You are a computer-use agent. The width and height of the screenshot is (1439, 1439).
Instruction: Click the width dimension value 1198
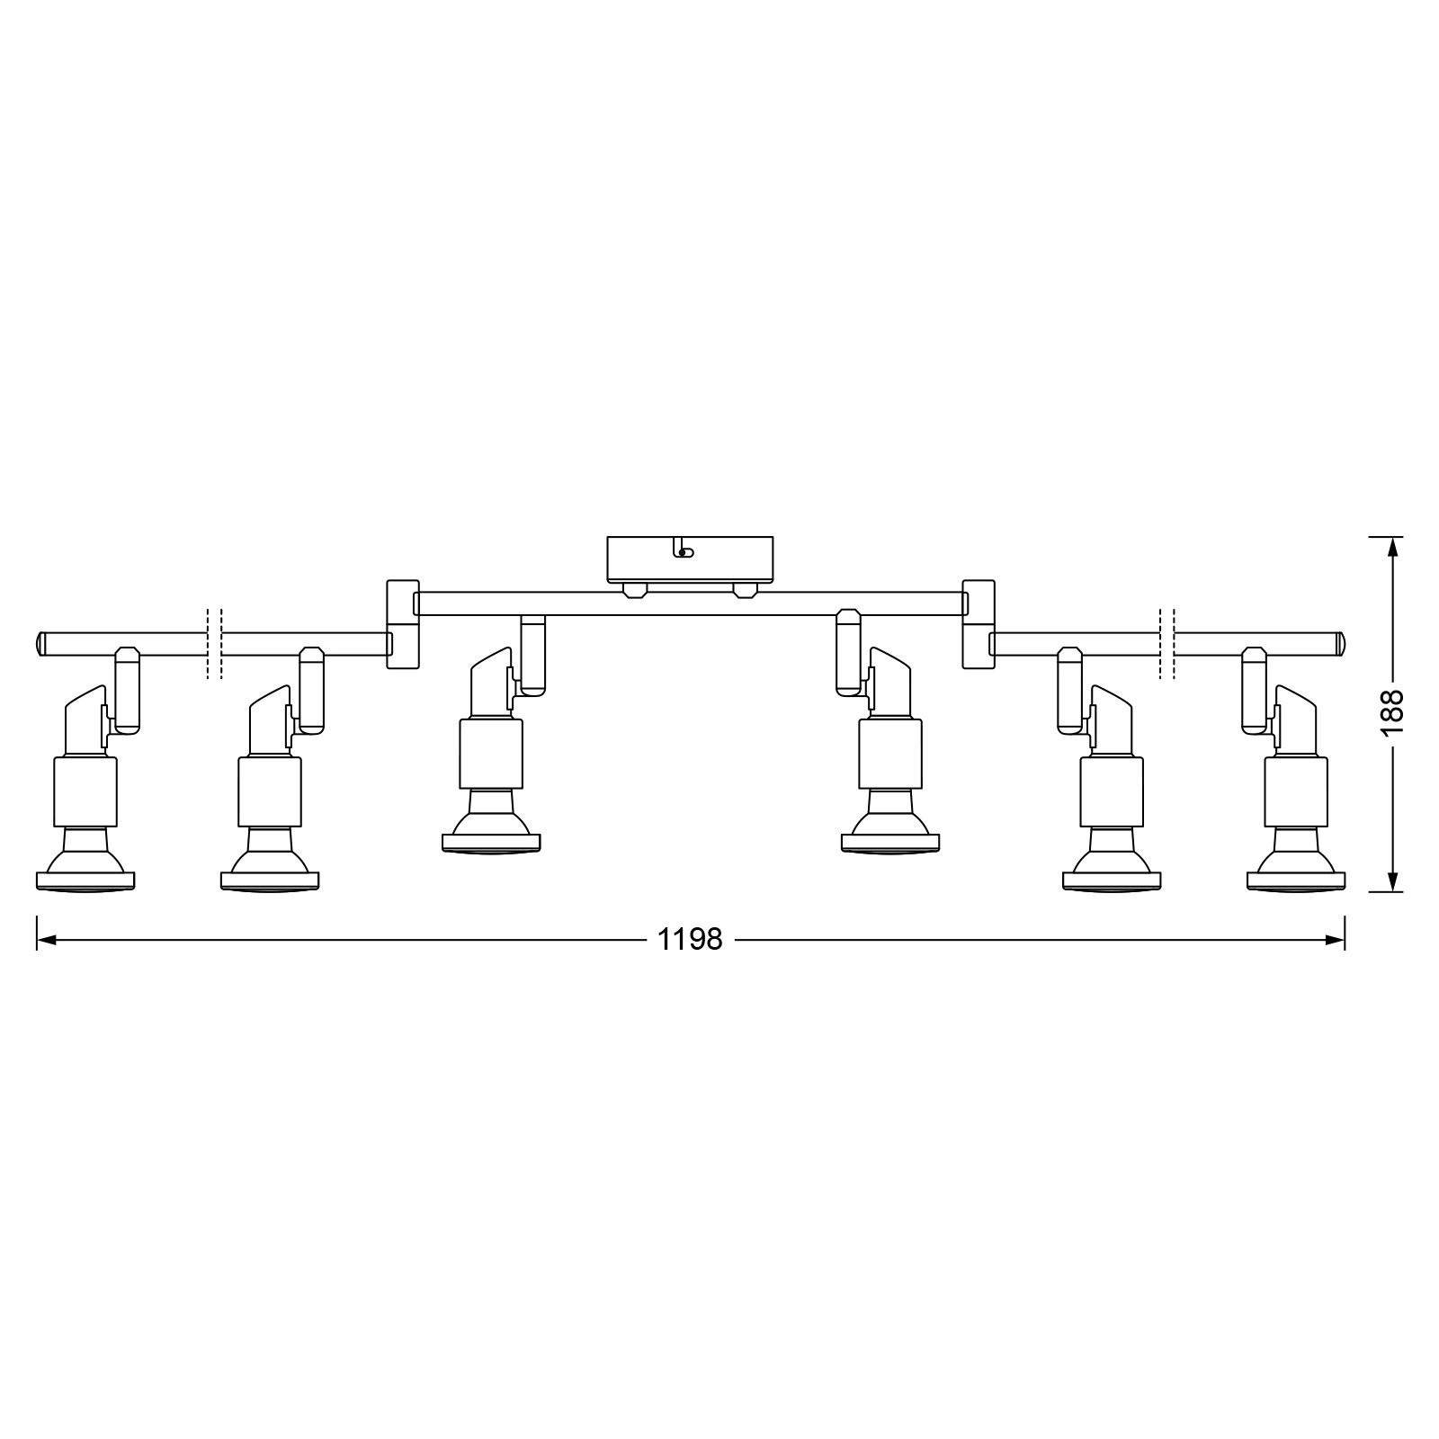[690, 941]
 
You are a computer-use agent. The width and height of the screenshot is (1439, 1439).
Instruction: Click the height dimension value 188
[1392, 713]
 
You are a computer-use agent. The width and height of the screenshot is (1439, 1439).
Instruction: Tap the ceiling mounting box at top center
[690, 559]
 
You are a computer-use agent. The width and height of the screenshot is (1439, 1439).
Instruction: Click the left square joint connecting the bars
[403, 624]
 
